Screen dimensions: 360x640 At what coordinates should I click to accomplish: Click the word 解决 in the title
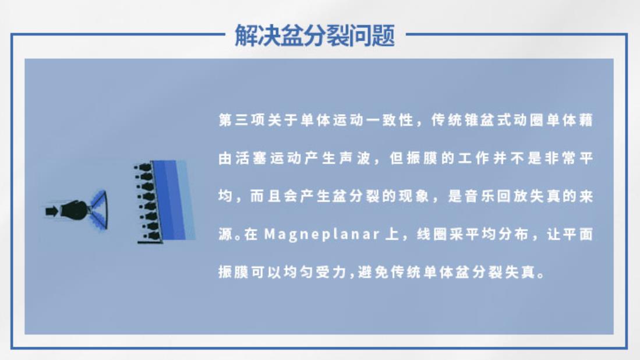(x=251, y=35)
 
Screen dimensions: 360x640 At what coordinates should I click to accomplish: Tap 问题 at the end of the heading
(x=379, y=35)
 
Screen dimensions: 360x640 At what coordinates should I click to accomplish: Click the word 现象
(x=420, y=197)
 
